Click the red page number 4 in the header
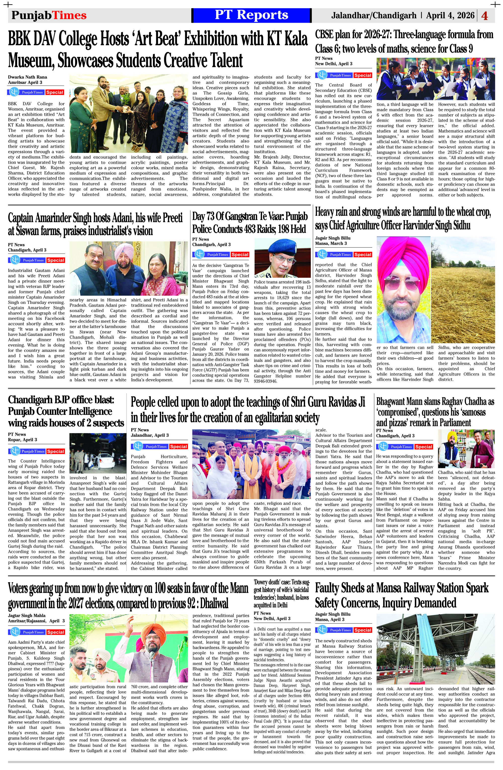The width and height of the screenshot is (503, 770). pyautogui.click(x=484, y=16)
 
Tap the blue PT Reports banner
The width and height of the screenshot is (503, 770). pyautogui.click(x=251, y=15)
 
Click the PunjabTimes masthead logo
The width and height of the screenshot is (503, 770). pyautogui.click(x=49, y=15)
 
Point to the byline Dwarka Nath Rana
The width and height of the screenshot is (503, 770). pyautogui.click(x=27, y=77)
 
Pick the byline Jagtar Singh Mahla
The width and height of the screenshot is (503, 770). pyautogui.click(x=26, y=615)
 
